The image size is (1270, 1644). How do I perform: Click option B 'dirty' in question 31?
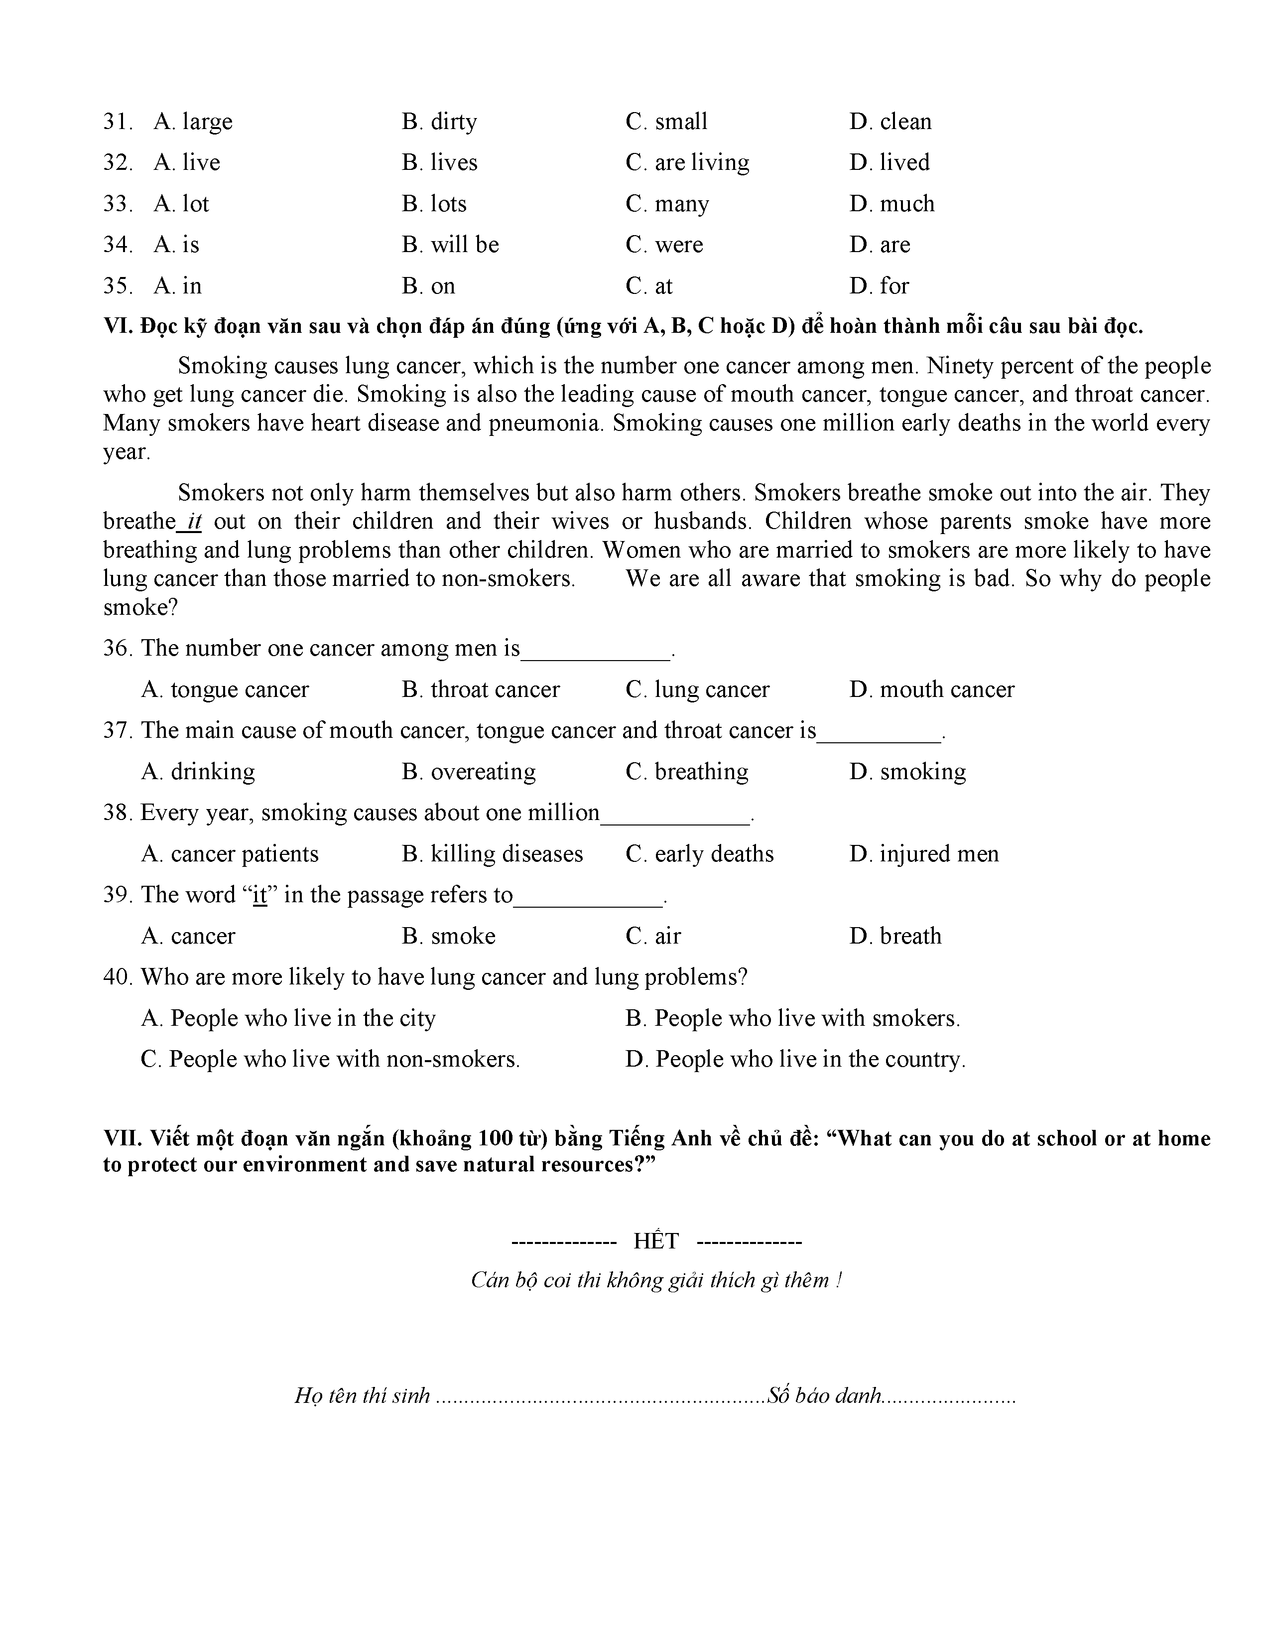[x=439, y=122]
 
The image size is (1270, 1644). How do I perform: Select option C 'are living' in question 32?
[x=687, y=162]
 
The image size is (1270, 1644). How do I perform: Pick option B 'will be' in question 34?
[x=450, y=245]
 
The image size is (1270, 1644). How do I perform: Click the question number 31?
[x=118, y=122]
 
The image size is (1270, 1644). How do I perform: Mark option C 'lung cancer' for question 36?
[x=697, y=689]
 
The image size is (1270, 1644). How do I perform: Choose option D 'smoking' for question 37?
[x=907, y=772]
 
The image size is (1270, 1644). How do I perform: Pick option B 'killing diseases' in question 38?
[x=492, y=853]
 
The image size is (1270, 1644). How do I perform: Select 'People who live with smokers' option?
[x=792, y=1018]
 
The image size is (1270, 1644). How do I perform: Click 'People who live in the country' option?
[x=795, y=1059]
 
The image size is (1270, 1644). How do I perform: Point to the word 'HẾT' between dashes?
[x=656, y=1240]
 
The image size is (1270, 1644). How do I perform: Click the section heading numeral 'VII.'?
[x=122, y=1138]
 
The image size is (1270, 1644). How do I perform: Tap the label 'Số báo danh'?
[x=824, y=1395]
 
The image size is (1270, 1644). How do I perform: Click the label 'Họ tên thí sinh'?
[x=362, y=1395]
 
